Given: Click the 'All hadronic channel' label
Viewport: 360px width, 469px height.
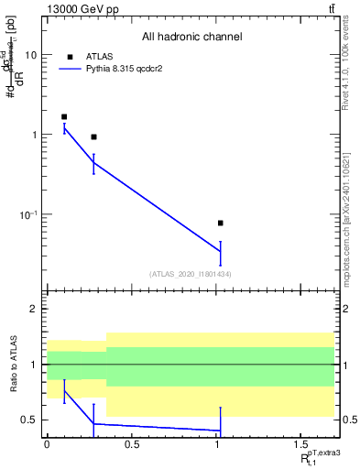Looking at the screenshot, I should [x=191, y=38].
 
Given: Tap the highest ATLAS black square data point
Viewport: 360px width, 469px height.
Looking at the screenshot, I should [x=64, y=117].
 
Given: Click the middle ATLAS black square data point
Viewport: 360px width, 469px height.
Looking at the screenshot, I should [x=93, y=136].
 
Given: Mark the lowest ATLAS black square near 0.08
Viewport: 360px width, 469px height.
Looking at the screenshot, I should [x=220, y=223].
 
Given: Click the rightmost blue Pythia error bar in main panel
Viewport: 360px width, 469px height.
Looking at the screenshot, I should [x=220, y=252].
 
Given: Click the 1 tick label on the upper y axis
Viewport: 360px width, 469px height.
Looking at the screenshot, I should [x=34, y=135].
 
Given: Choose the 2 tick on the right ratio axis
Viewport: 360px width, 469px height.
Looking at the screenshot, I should [x=343, y=309].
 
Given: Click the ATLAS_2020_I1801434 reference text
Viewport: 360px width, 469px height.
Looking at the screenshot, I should [x=191, y=274].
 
